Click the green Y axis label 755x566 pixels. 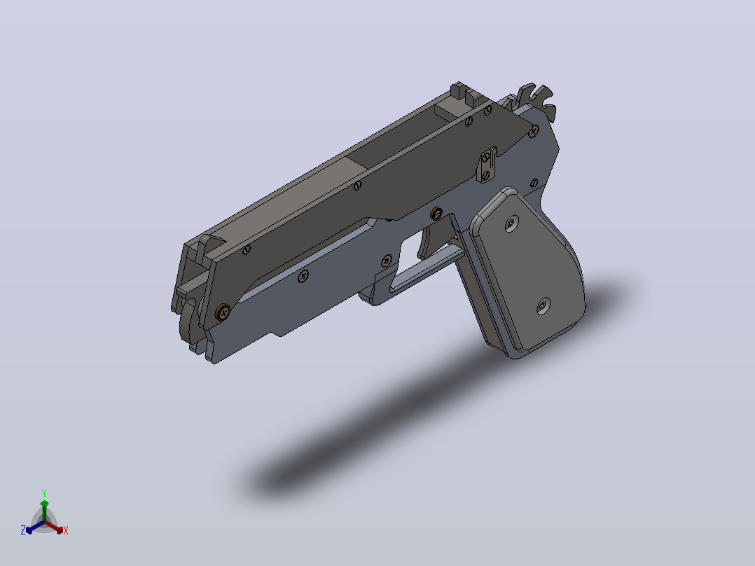44,492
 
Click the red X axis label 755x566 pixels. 66,530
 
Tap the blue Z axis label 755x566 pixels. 23,530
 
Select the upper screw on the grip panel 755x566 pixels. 511,224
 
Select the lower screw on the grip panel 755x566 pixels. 543,305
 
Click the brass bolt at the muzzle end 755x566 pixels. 223,312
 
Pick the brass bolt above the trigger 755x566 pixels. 436,214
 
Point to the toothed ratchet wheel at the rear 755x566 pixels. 539,100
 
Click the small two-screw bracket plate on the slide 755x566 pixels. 487,165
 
